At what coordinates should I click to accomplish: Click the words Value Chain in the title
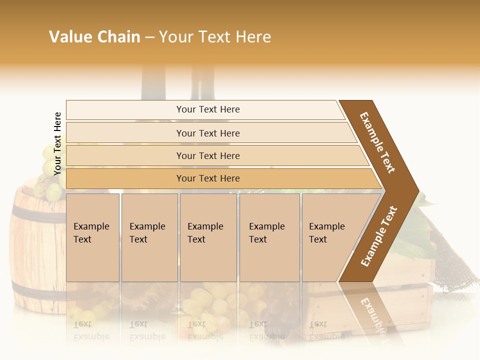tap(94, 37)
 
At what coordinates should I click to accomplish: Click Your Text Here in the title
tap(215, 37)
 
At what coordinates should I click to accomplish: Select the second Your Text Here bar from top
tap(207, 133)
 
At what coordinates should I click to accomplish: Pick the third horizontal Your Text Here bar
tap(207, 155)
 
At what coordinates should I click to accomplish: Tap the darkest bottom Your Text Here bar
tap(207, 178)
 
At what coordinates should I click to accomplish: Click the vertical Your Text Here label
tap(57, 143)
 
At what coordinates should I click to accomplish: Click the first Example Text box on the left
tap(92, 237)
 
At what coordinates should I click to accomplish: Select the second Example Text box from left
tap(149, 237)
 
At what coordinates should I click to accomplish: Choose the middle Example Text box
tap(208, 237)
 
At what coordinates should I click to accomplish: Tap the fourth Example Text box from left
tap(269, 237)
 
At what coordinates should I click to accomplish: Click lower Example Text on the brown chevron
tap(378, 236)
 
